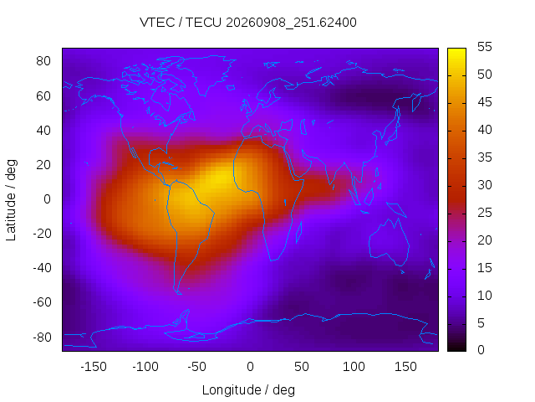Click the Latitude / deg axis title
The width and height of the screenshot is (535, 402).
(x=11, y=200)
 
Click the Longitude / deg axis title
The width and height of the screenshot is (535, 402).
(x=248, y=390)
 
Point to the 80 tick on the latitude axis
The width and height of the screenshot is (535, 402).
(x=43, y=61)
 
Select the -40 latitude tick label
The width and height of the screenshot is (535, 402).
(x=42, y=268)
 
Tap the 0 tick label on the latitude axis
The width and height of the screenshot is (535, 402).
(x=47, y=199)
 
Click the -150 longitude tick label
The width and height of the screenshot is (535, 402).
(x=94, y=367)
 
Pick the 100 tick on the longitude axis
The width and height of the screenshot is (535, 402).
(x=354, y=367)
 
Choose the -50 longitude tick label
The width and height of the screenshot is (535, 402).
(x=197, y=367)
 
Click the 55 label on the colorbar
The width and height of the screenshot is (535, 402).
(x=485, y=47)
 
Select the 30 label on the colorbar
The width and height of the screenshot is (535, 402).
(x=485, y=185)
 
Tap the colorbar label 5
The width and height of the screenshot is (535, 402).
(x=481, y=323)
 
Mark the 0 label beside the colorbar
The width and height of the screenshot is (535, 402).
(x=481, y=350)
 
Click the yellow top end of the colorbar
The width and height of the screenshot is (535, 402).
(x=456, y=50)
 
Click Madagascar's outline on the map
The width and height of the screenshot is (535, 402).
(x=298, y=233)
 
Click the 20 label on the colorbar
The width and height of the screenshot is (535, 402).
(x=485, y=240)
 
